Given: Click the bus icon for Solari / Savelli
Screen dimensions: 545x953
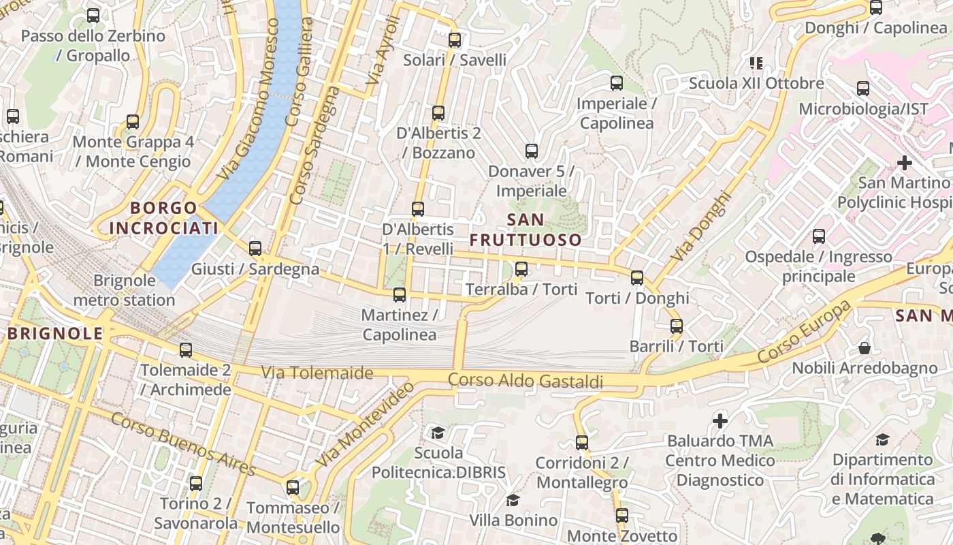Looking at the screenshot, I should click(x=455, y=40).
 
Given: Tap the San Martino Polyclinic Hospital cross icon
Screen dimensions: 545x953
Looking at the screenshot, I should click(x=904, y=163).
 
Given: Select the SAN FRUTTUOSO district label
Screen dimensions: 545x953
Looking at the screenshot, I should click(x=526, y=230).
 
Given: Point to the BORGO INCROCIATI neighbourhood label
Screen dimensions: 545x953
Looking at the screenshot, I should click(x=163, y=218).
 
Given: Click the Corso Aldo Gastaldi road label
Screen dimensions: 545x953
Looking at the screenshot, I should click(x=526, y=381).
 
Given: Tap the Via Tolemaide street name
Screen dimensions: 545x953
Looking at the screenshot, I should click(x=317, y=373).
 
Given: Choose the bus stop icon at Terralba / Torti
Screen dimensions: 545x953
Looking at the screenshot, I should click(x=521, y=269).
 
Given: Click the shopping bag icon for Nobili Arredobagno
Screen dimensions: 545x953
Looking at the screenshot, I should click(x=864, y=348).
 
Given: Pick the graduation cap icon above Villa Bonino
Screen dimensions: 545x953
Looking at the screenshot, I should click(x=513, y=501).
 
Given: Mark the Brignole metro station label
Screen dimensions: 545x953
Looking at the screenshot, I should click(x=124, y=290).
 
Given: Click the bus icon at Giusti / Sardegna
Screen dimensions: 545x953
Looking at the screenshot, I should click(x=255, y=249).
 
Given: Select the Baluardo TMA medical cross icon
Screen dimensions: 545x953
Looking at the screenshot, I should click(x=720, y=421).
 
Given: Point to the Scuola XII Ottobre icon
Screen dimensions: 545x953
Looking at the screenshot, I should click(x=756, y=63).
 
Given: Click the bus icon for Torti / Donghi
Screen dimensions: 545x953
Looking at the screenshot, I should click(x=637, y=278).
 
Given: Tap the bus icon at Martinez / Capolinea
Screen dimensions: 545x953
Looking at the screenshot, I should click(x=400, y=295).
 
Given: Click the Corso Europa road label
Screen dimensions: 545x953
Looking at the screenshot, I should click(x=804, y=332).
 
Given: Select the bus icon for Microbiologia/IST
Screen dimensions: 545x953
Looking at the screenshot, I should click(x=862, y=89).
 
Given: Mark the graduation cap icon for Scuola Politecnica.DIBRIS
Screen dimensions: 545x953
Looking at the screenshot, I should click(x=438, y=433).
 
